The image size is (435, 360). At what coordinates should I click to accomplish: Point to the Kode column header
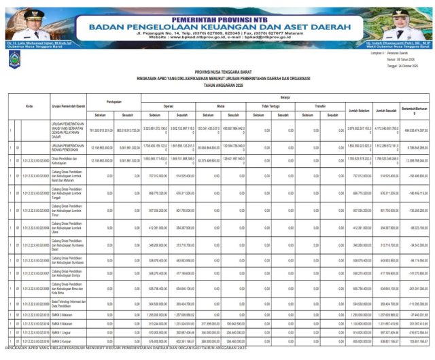pos(29,107)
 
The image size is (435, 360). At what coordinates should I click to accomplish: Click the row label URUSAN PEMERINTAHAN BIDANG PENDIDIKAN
pos(68,146)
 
